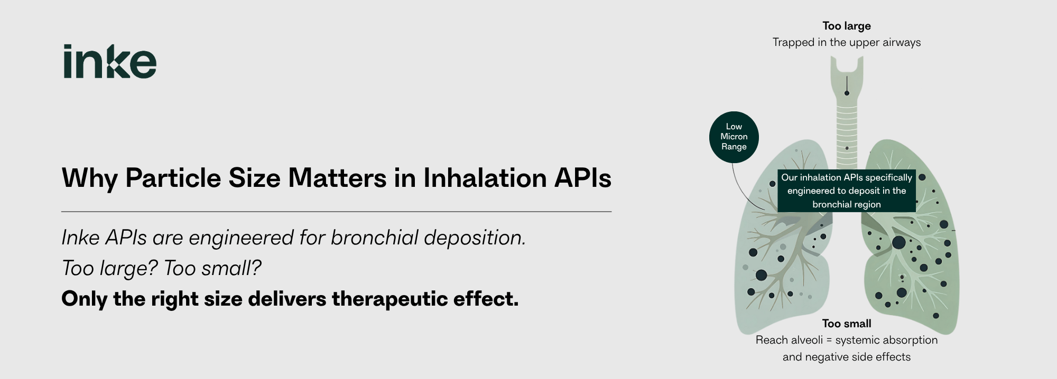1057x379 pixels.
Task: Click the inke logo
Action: pyautogui.click(x=110, y=61)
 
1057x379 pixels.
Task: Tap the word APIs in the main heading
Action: pyautogui.click(x=583, y=178)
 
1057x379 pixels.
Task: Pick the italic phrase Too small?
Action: pyautogui.click(x=212, y=268)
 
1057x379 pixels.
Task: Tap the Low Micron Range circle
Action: pyautogui.click(x=734, y=137)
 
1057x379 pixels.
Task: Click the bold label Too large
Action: pyautogui.click(x=847, y=26)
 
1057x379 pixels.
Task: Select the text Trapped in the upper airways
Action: pyautogui.click(x=847, y=42)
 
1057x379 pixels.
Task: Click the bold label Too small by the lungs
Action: pyautogui.click(x=847, y=324)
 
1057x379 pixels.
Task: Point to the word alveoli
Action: pyautogui.click(x=805, y=340)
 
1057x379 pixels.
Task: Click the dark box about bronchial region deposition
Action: pyautogui.click(x=847, y=191)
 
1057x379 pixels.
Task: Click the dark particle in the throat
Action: pyautogui.click(x=847, y=93)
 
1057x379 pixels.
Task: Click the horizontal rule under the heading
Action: pyautogui.click(x=337, y=212)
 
